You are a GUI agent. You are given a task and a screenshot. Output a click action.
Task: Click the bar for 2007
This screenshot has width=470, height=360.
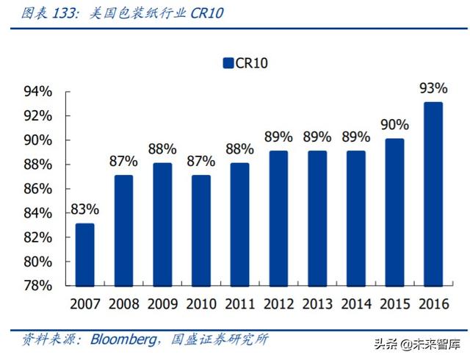click(x=85, y=254)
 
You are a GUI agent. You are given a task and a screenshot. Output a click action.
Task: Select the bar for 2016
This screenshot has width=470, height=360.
click(x=433, y=193)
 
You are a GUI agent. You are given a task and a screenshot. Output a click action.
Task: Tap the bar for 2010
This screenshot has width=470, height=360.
click(x=201, y=230)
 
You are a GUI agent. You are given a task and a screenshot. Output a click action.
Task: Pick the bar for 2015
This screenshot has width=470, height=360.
click(x=394, y=212)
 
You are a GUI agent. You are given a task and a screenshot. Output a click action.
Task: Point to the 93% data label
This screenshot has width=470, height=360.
click(x=433, y=88)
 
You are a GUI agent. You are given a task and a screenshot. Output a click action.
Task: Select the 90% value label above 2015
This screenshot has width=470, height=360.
click(x=394, y=125)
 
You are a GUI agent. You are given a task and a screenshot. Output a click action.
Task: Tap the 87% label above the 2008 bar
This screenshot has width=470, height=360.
click(x=123, y=162)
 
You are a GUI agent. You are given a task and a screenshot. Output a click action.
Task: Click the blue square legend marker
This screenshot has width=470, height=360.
click(x=228, y=63)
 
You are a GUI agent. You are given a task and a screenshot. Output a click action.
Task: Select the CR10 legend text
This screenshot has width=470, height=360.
click(x=252, y=63)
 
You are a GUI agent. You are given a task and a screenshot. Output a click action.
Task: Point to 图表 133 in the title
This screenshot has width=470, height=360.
click(x=46, y=12)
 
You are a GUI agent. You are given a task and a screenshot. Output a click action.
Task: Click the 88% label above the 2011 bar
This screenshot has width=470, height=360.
click(x=239, y=149)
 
